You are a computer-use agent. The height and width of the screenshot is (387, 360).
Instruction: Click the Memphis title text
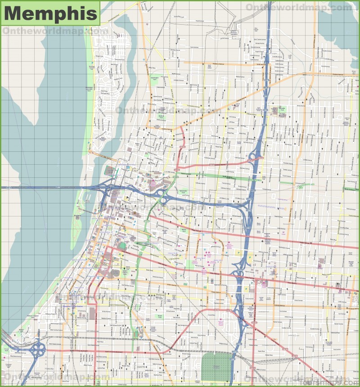coord(50,13)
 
